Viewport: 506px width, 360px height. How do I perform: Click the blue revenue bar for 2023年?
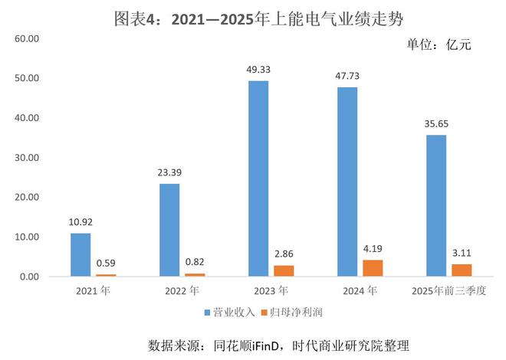pos(258,178)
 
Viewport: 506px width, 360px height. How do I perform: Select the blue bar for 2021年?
pos(80,254)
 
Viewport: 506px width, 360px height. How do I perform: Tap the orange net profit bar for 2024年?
pos(373,268)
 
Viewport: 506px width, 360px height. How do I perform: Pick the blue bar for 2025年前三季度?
pos(436,205)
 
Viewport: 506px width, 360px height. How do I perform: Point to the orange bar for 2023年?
pos(284,270)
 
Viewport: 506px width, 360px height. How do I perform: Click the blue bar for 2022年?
pos(169,230)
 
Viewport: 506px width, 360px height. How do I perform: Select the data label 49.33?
pos(258,70)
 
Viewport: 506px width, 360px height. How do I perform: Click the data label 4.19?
pos(373,249)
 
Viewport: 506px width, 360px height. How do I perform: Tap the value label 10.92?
pos(80,222)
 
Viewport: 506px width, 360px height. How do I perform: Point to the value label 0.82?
pos(195,262)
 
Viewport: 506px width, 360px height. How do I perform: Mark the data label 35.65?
pos(436,124)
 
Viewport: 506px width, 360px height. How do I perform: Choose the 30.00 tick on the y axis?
pos(27,157)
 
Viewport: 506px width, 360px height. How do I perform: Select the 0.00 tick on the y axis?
pos(29,276)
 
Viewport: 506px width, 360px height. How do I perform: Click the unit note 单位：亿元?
pos(439,44)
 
